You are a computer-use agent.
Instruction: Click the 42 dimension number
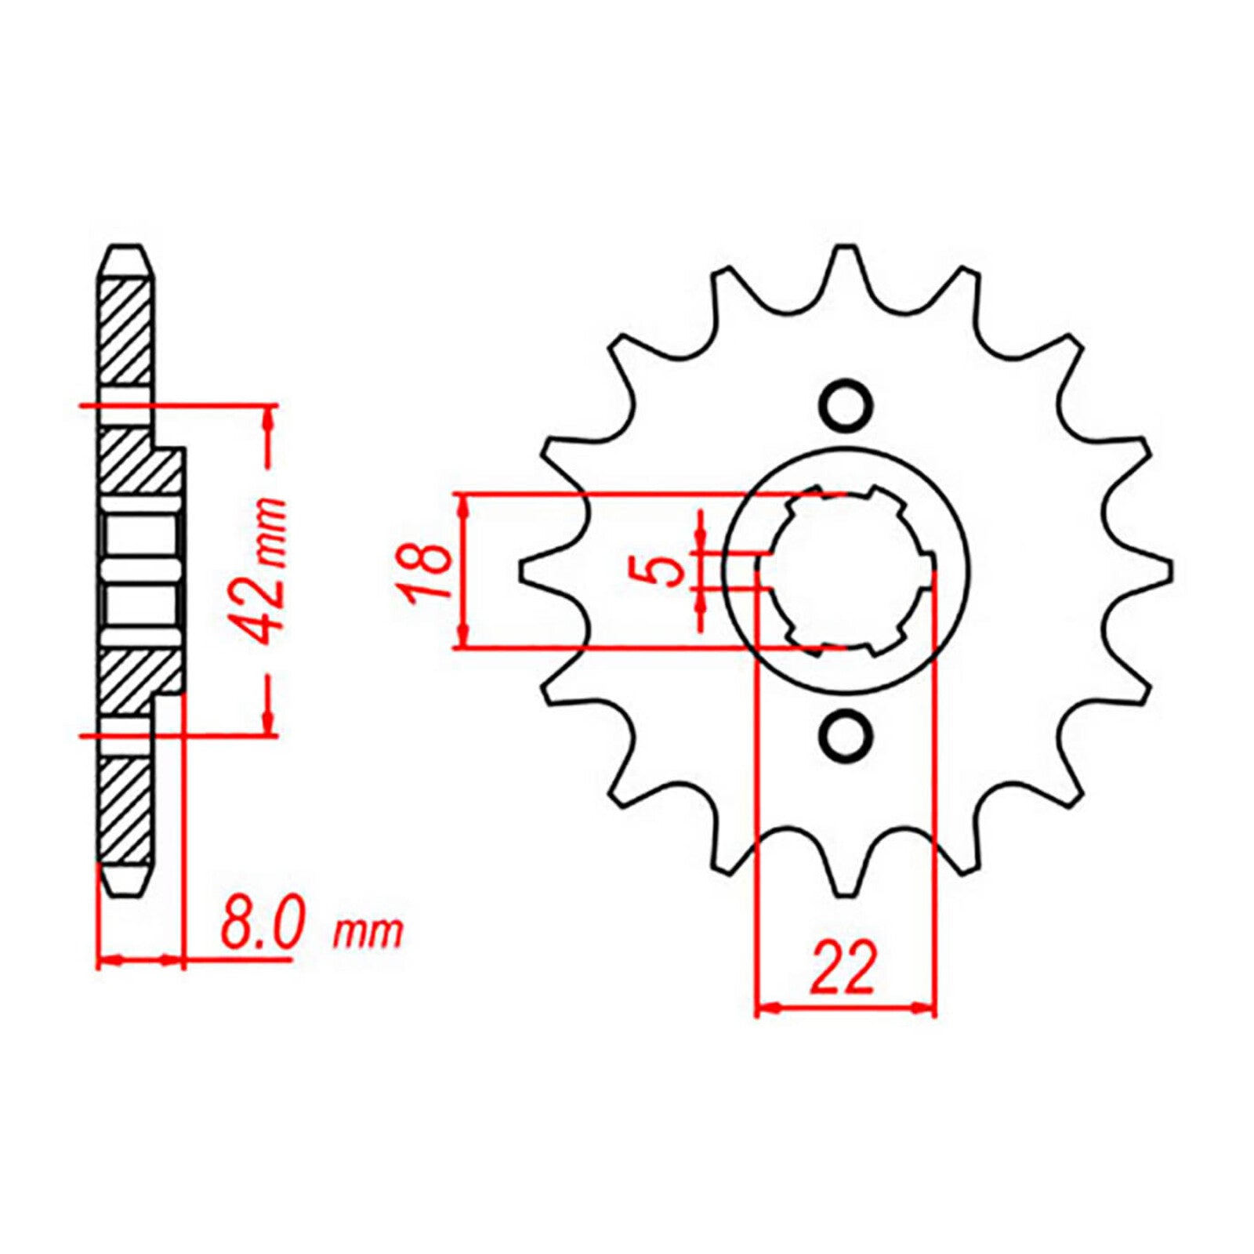pos(266,596)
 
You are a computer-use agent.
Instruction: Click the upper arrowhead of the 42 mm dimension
pos(268,419)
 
